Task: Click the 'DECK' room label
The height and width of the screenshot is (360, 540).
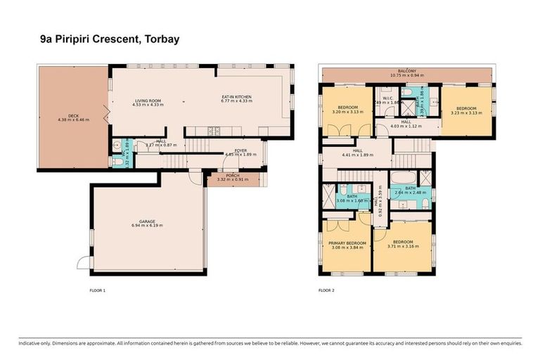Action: tap(73, 116)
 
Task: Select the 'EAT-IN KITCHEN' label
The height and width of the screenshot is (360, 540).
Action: tap(236, 96)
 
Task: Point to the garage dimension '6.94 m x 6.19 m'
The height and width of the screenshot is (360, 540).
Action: tap(146, 226)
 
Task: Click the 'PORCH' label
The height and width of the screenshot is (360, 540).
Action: tap(232, 175)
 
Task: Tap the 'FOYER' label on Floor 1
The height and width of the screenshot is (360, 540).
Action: tap(240, 148)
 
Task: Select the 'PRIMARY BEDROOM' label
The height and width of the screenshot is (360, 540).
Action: tap(347, 243)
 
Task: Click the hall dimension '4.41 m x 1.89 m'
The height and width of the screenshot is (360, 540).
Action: tap(357, 154)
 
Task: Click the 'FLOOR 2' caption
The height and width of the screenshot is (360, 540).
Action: tap(326, 290)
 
